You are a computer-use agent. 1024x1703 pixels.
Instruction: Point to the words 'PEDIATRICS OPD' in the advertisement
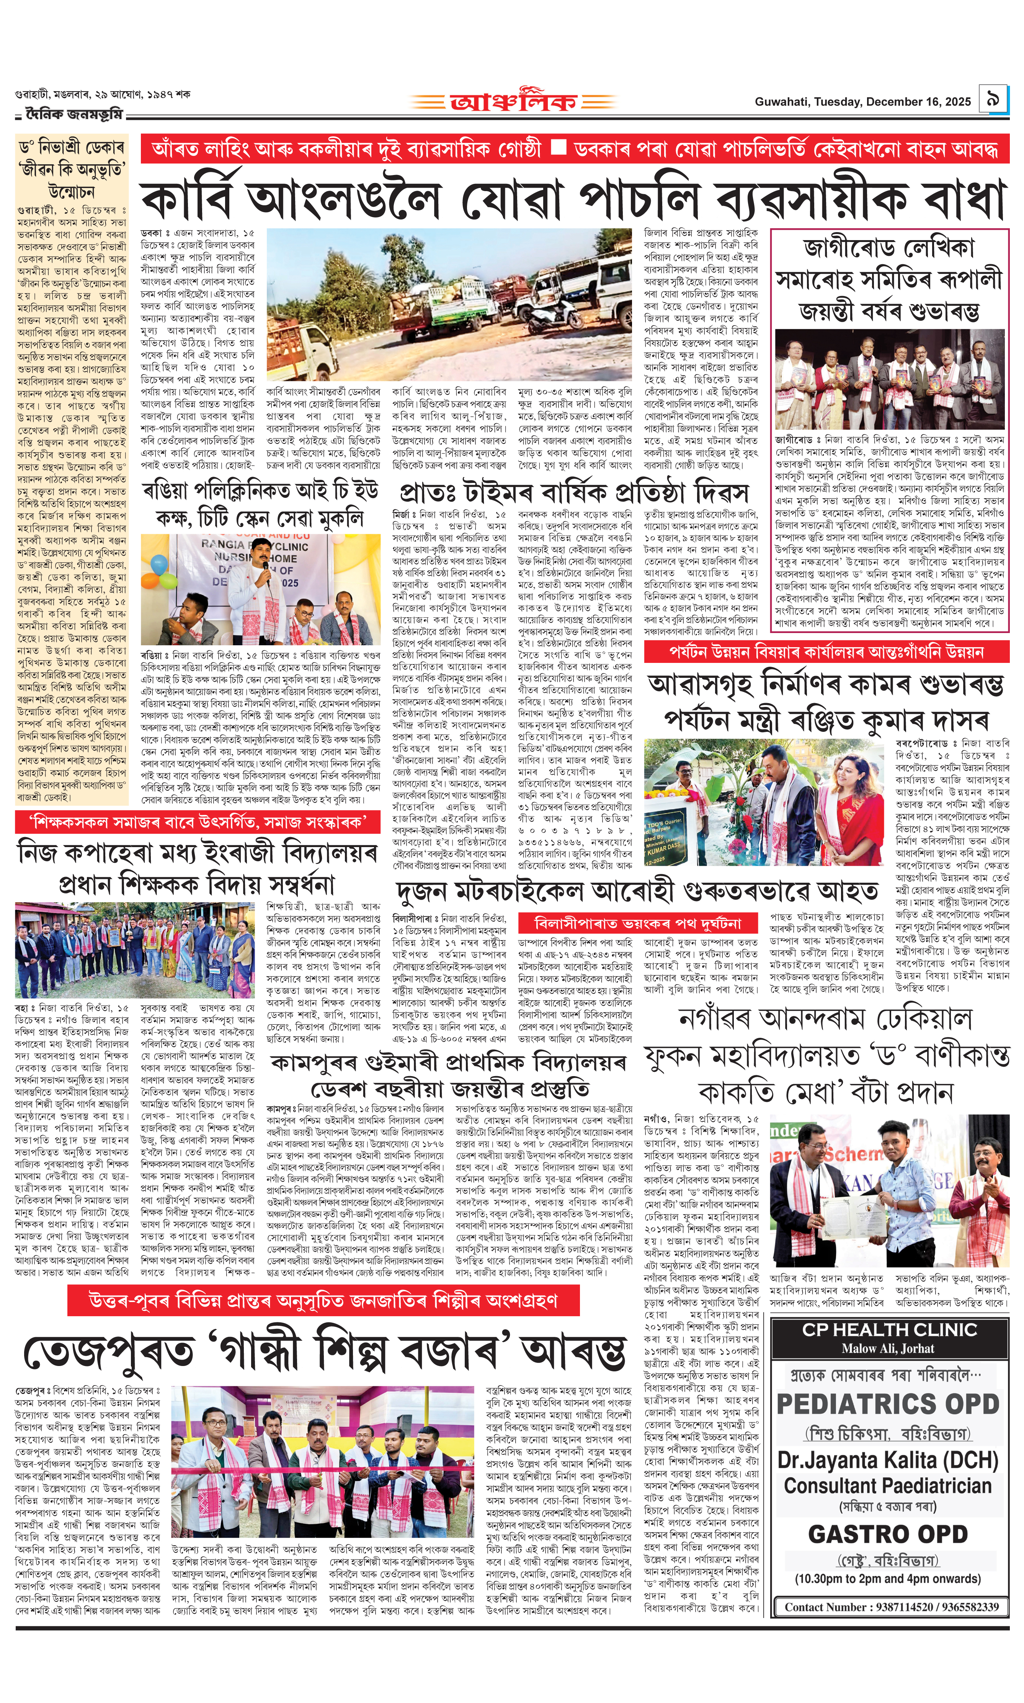[888, 1404]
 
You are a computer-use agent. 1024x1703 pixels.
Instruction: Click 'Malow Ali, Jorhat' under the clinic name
[888, 1348]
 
